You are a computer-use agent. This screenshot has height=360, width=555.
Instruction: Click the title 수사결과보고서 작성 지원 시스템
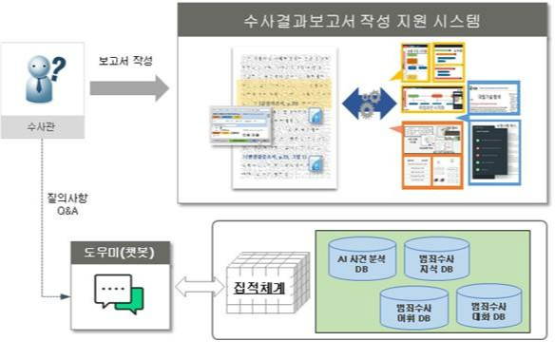[362, 20]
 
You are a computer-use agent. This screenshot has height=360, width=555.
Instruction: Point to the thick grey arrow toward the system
[129, 89]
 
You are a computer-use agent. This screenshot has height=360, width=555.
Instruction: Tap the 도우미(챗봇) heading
[114, 253]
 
